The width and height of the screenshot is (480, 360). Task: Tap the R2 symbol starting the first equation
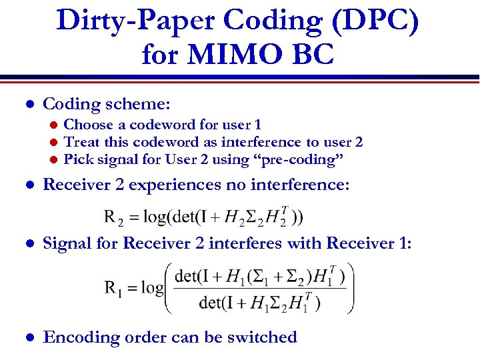click(x=113, y=217)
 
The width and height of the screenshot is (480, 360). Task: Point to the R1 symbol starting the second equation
click(x=113, y=288)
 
